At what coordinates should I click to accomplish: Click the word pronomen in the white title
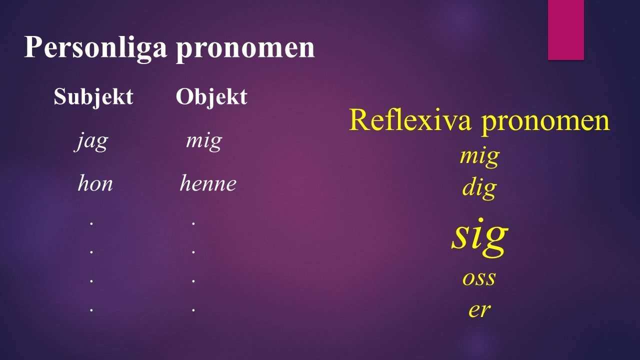245,48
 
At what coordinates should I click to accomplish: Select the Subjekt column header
93,97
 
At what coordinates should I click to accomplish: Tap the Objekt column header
211,97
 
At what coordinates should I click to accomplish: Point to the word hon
95,184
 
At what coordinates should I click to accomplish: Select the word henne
207,184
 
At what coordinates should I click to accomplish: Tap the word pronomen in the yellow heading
545,121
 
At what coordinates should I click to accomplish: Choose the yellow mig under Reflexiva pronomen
479,157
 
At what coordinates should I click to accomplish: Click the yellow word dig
479,189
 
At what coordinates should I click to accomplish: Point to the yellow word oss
479,278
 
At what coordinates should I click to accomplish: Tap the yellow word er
479,310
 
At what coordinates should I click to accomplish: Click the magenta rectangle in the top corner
566,30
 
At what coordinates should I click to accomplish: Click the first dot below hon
91,223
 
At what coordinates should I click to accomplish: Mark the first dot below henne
193,223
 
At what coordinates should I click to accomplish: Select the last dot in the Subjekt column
91,310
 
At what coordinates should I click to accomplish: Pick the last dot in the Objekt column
193,310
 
